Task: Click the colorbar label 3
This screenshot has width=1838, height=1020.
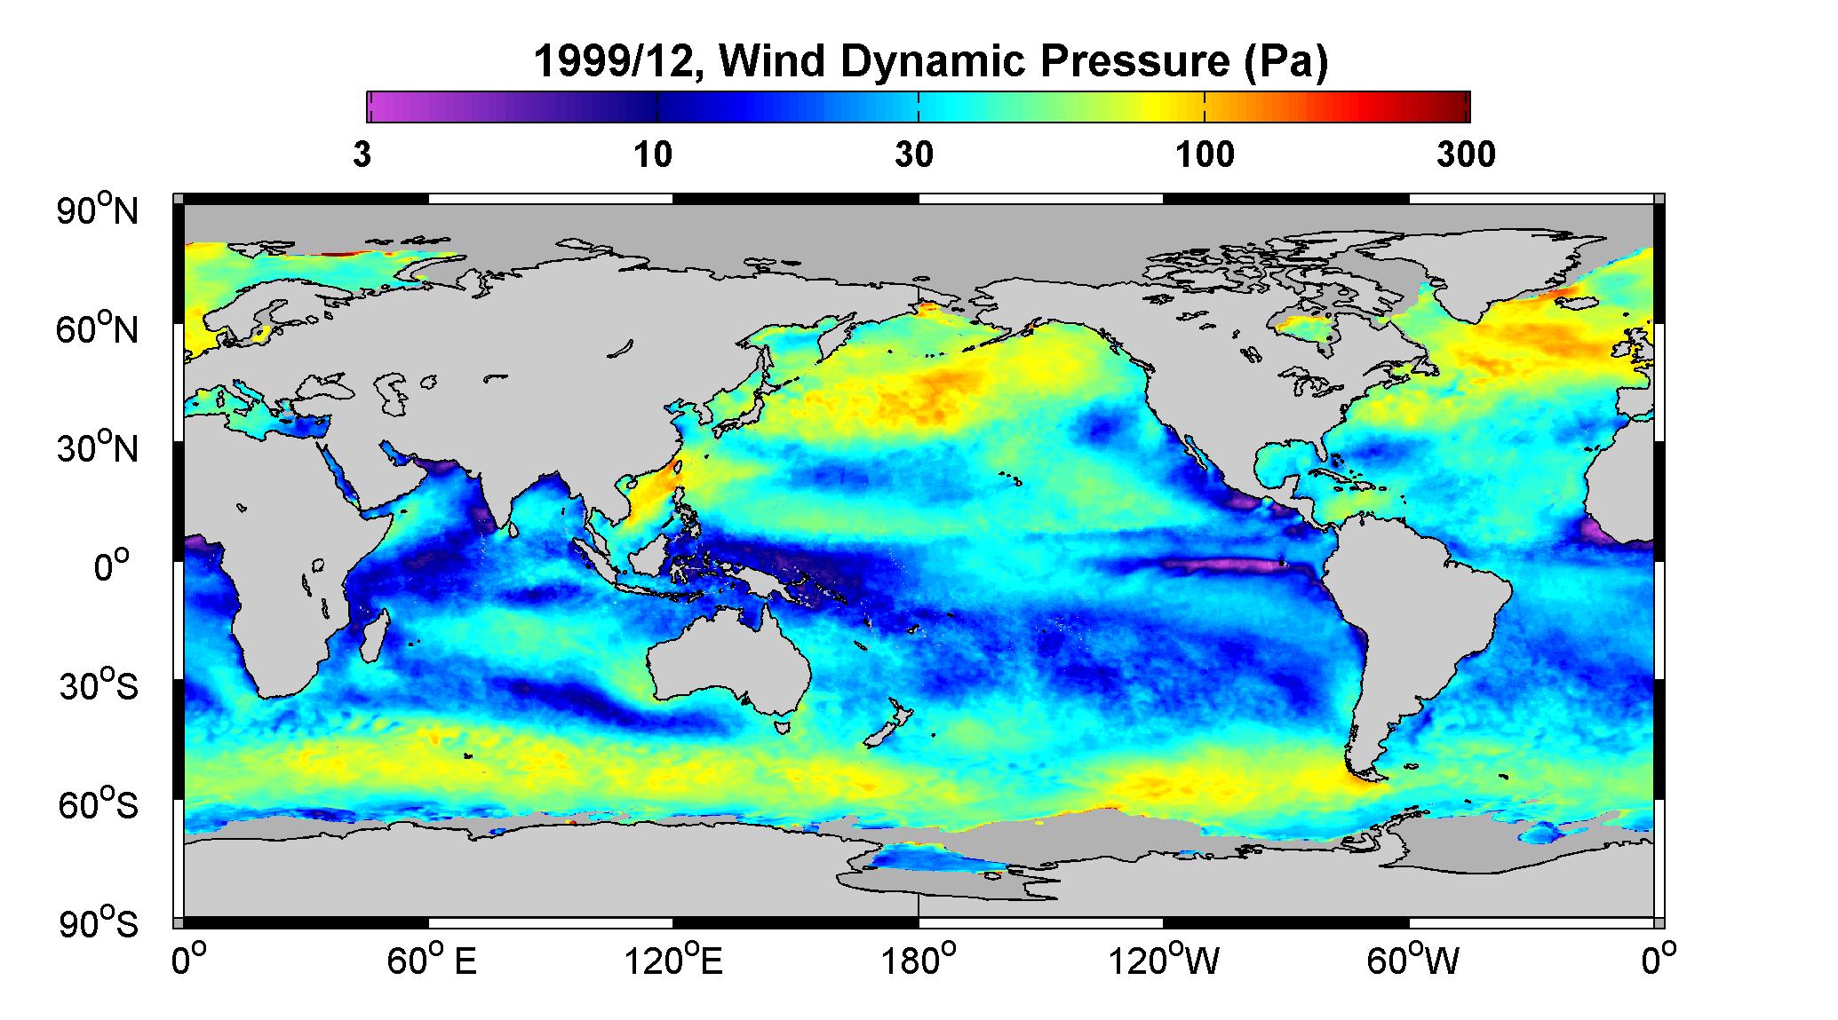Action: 362,155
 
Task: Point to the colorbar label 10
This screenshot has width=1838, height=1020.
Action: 653,155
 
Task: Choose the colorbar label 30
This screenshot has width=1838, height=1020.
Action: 914,155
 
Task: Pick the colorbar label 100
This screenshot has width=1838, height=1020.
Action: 1205,155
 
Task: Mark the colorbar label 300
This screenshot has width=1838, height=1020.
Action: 1466,155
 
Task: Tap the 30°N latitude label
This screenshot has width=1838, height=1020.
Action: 99,447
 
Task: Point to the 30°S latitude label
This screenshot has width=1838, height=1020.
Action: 99,685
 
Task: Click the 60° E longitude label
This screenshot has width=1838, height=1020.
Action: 432,961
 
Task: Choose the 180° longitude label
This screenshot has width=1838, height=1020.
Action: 919,961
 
